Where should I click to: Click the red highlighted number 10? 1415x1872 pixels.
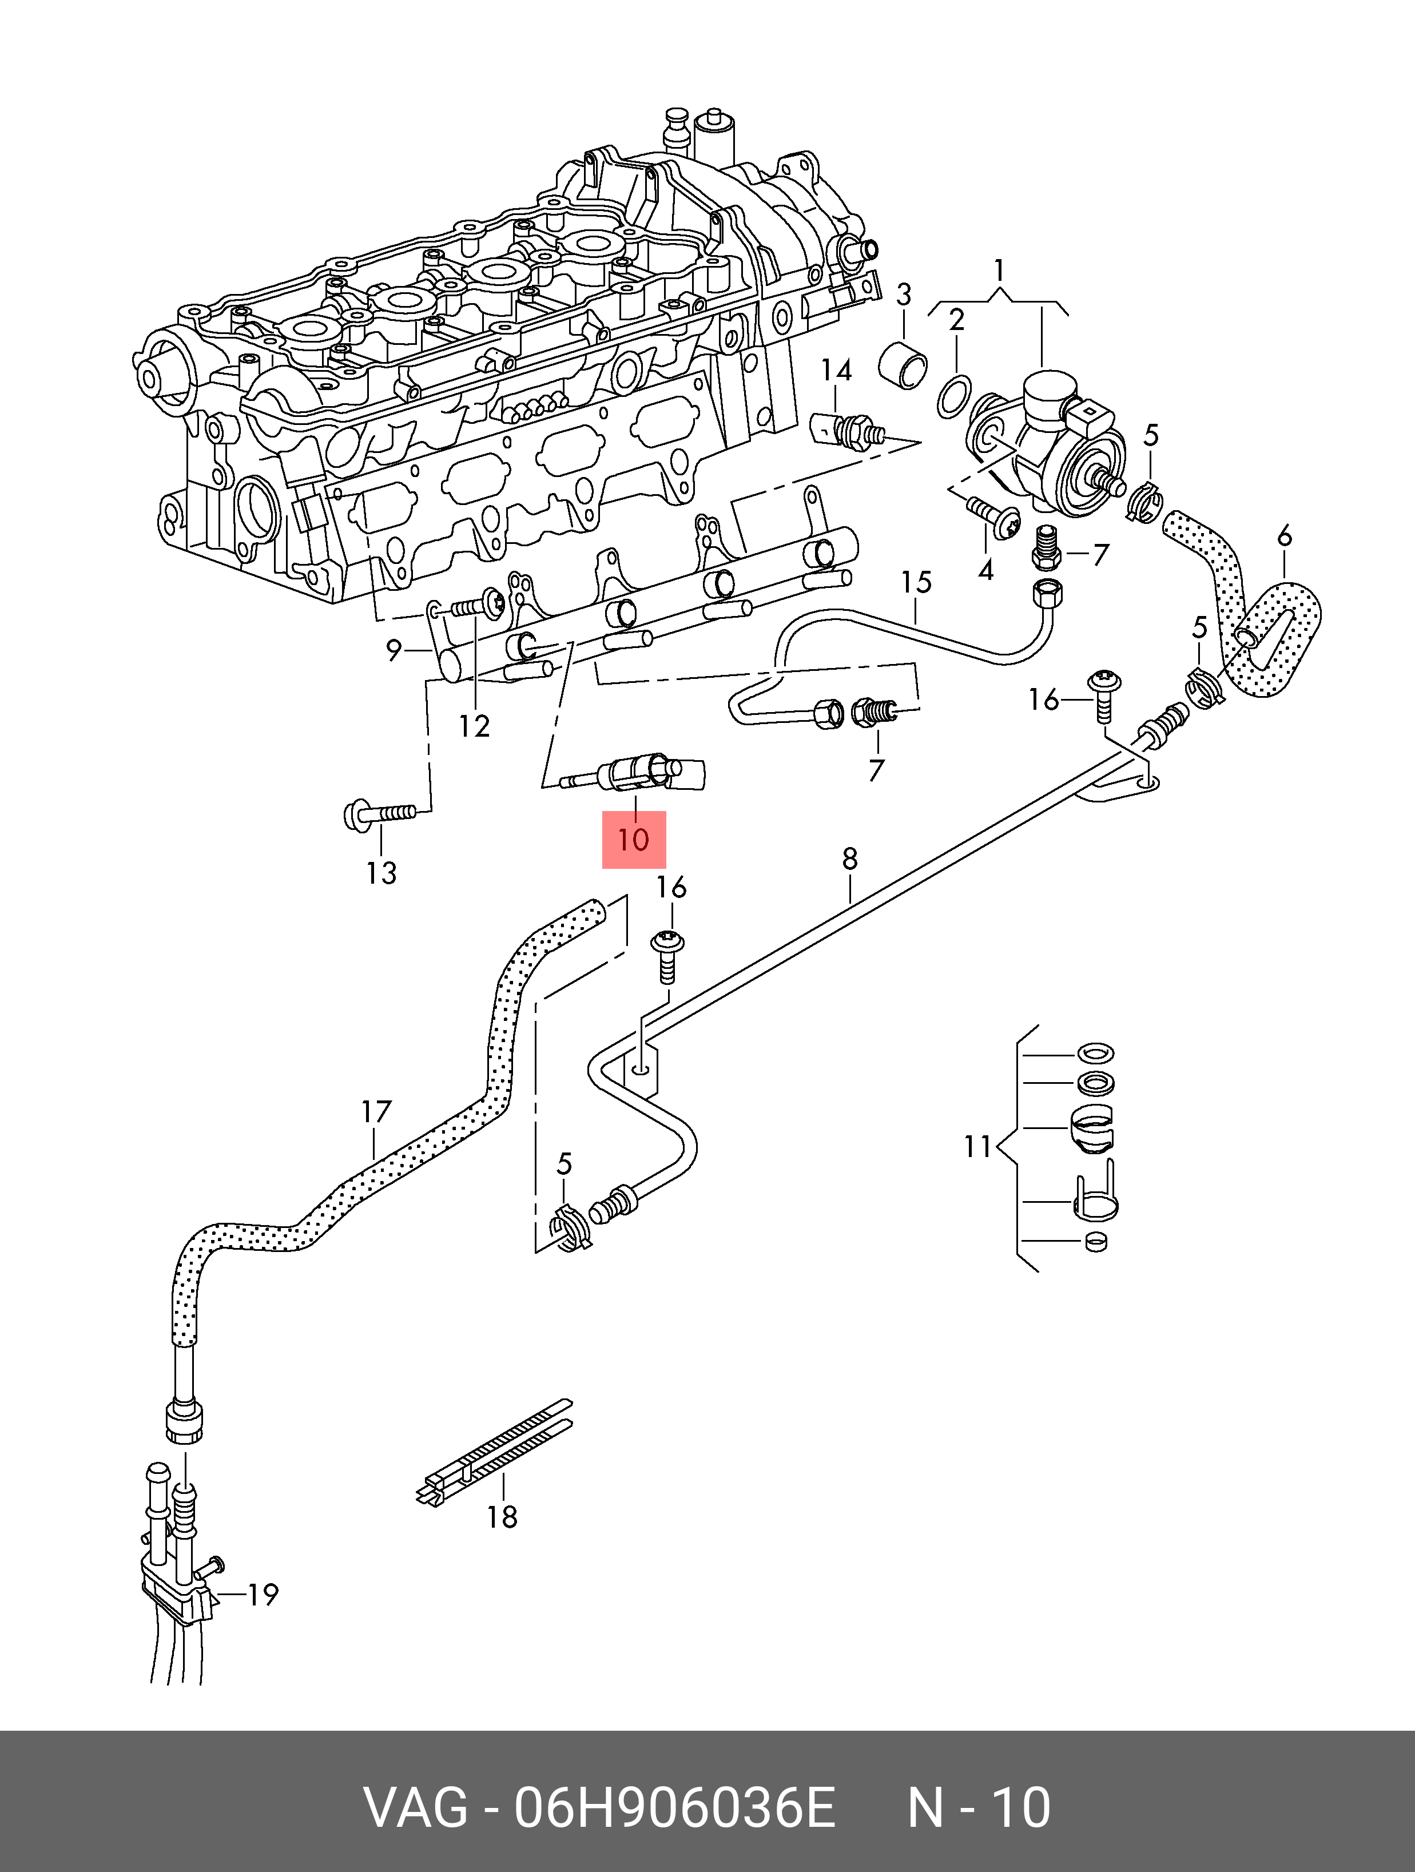click(633, 840)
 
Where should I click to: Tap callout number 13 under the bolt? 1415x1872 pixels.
click(381, 873)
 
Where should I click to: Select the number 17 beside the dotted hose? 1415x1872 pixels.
click(376, 1112)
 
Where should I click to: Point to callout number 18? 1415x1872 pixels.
click(502, 1517)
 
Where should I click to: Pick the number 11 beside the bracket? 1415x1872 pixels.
click(977, 1147)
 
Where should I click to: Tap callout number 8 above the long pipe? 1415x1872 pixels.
click(850, 859)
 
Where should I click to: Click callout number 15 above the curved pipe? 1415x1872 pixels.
click(916, 582)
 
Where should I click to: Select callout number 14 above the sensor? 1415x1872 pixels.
click(836, 370)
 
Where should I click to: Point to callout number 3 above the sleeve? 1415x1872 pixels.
click(903, 295)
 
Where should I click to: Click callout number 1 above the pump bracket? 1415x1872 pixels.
click(999, 271)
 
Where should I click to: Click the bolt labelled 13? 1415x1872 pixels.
click(379, 814)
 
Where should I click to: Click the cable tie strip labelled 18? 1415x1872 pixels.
click(495, 1454)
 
